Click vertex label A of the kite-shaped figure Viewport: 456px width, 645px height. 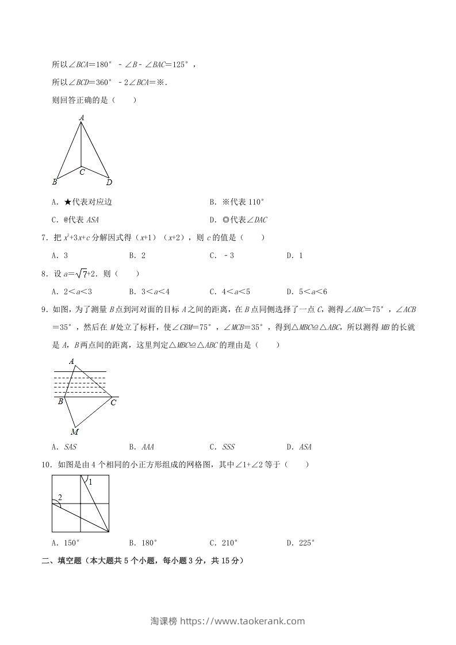(82, 117)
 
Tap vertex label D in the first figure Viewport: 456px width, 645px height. (109, 182)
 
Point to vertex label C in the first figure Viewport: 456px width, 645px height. (82, 171)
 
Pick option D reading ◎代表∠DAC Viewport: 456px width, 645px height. (238, 220)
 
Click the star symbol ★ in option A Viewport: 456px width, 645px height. (67, 202)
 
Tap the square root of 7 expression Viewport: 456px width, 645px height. (82, 274)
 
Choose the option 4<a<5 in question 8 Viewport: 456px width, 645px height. (229, 291)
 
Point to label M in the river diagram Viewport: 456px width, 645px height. (75, 432)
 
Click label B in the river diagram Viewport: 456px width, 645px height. (60, 402)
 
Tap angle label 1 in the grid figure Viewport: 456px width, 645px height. (90, 482)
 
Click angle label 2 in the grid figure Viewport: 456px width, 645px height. (60, 497)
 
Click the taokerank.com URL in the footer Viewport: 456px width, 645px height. (242, 621)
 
